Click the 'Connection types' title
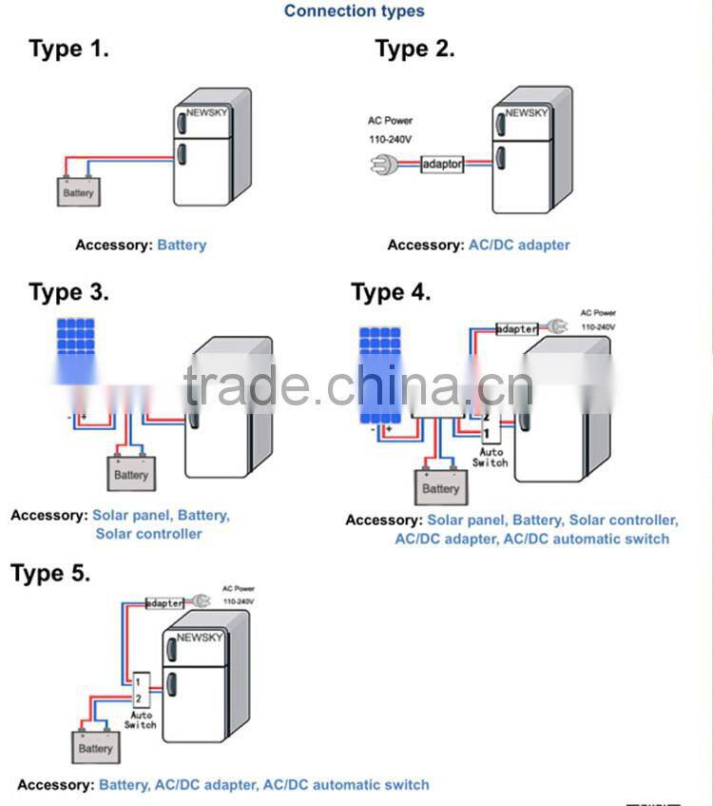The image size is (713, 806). (354, 11)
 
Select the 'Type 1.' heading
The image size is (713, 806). (68, 49)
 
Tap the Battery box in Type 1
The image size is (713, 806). (78, 191)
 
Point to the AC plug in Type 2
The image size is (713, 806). (382, 165)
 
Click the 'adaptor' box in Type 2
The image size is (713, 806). (442, 165)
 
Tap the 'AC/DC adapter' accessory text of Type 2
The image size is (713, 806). (519, 245)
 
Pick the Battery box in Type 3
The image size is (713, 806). (131, 473)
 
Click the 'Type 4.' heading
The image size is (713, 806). (391, 292)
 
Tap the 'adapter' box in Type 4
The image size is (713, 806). (517, 328)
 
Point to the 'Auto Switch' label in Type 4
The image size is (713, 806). (491, 457)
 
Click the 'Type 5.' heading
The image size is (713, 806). (50, 573)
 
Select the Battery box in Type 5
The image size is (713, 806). (95, 747)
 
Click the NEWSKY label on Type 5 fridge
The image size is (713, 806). (199, 637)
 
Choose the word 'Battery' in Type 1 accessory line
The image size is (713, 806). (182, 245)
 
